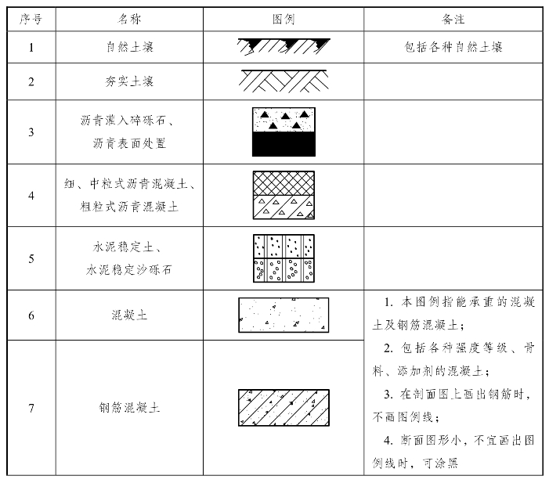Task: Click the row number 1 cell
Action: pyautogui.click(x=31, y=47)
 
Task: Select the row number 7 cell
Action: pyautogui.click(x=31, y=408)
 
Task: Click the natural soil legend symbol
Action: pyautogui.click(x=284, y=47)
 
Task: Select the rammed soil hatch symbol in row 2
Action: pyautogui.click(x=284, y=81)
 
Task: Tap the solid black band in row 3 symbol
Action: pyautogui.click(x=284, y=144)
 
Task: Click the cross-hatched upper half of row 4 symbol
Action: pyautogui.click(x=284, y=183)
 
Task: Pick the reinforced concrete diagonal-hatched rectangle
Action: pyautogui.click(x=284, y=408)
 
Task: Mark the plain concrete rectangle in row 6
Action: pyautogui.click(x=284, y=315)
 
